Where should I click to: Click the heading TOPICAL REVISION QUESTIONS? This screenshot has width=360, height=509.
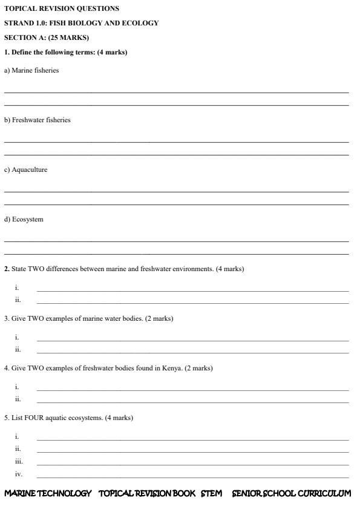tap(62, 8)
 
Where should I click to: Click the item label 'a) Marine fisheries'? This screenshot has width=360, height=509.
tap(31, 70)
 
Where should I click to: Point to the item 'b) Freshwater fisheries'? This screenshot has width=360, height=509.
tap(38, 120)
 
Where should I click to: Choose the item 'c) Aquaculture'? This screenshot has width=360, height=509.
tap(26, 169)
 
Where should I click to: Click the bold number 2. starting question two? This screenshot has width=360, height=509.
tap(7, 269)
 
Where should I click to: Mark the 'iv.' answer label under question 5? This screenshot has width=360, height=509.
tap(19, 474)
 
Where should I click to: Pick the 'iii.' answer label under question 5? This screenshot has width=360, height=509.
tap(19, 461)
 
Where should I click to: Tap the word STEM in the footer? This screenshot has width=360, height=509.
tap(211, 494)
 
